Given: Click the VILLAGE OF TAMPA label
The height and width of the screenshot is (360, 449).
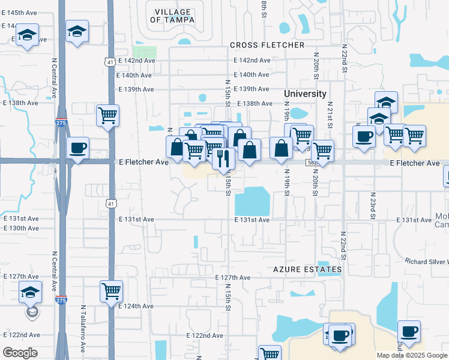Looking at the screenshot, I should (172, 16).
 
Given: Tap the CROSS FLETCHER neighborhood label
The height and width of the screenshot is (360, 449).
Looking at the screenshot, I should (267, 46).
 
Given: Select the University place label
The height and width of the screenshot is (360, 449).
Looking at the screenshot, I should (305, 94).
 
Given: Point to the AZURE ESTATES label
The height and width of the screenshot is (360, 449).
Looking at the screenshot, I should (307, 270).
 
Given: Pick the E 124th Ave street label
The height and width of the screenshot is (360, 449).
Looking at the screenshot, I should (136, 306).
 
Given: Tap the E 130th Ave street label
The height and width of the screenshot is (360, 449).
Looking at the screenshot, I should (21, 229).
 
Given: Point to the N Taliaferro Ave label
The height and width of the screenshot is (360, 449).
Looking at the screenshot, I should (83, 326).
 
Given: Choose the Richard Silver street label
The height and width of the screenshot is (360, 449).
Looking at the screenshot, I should (426, 262).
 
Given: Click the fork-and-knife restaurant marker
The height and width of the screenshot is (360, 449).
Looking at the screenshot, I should (223, 159).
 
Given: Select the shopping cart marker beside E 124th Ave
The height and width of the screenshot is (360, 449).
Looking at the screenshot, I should (111, 292).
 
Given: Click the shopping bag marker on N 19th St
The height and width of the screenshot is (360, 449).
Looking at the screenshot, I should (281, 148).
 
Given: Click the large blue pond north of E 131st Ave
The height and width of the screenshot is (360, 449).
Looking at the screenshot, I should (252, 201).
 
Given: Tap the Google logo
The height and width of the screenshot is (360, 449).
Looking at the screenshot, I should (20, 353).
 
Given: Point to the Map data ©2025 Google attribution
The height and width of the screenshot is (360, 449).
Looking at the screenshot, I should (412, 355).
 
